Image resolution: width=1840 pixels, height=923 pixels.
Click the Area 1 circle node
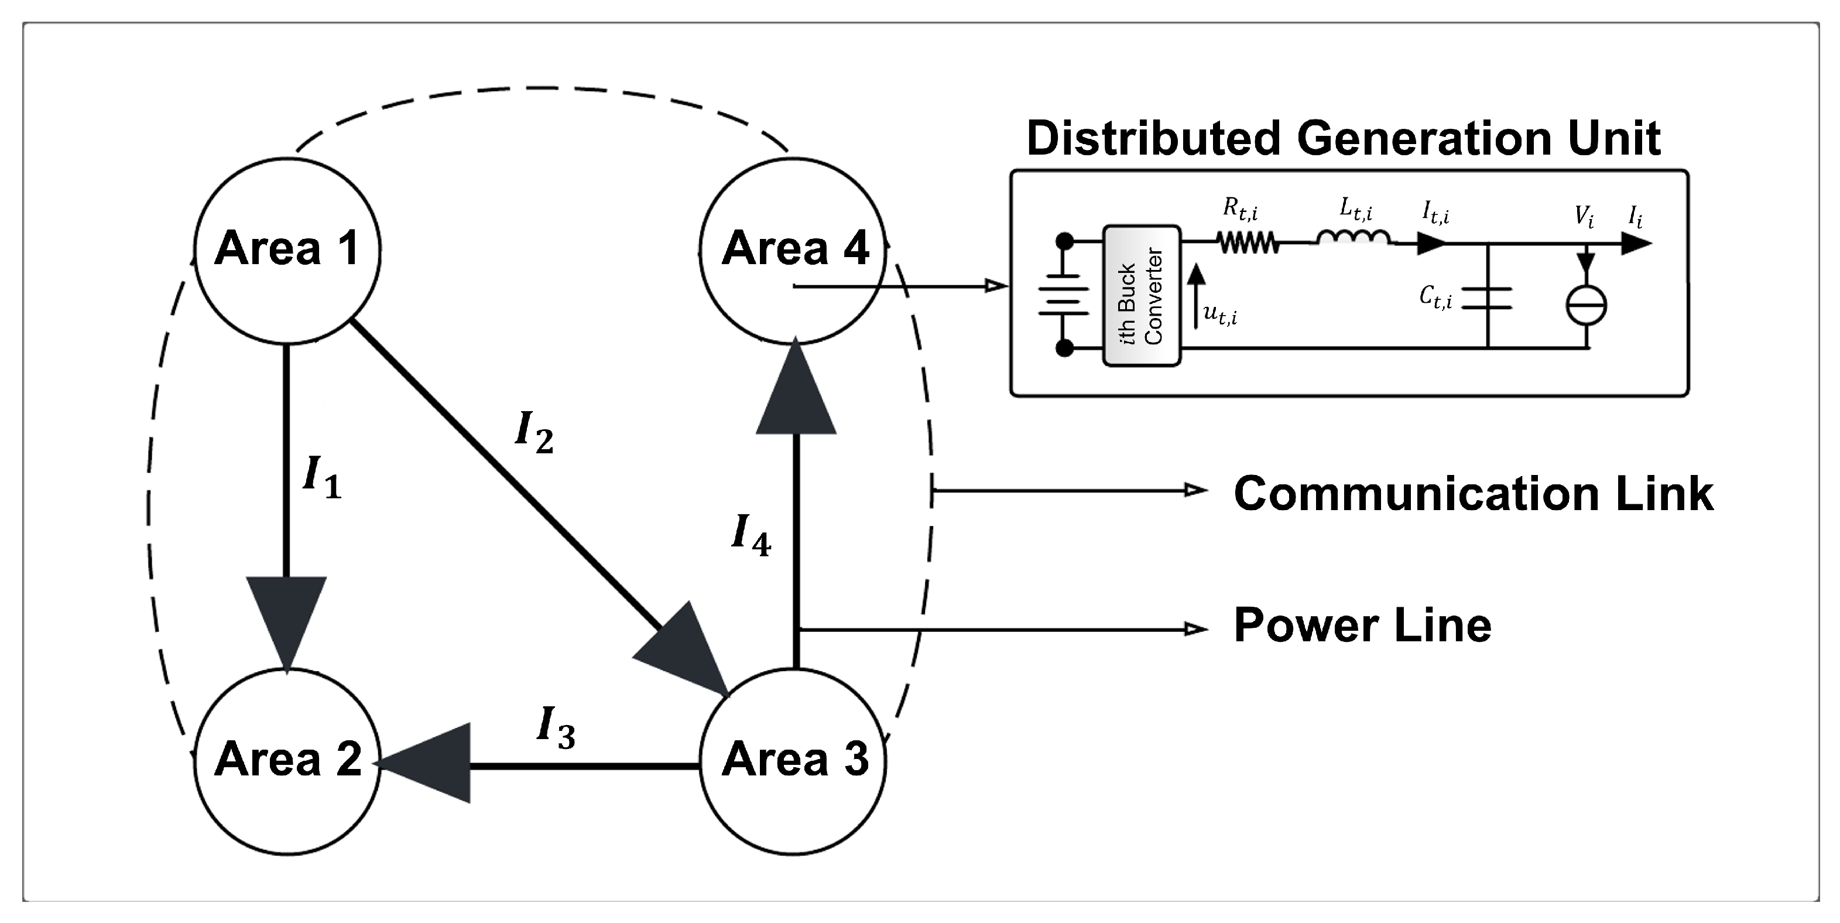click(x=287, y=249)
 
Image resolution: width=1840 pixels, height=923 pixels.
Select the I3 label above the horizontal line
click(x=556, y=727)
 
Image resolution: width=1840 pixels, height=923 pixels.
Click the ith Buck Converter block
click(x=1142, y=296)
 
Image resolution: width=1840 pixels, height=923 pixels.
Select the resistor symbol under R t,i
click(x=1248, y=244)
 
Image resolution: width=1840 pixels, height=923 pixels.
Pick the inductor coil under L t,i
click(x=1354, y=238)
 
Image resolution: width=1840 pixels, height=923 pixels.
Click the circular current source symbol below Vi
click(x=1586, y=305)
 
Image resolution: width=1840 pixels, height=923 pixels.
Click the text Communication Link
click(x=1473, y=494)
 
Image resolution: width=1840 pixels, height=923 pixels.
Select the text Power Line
click(x=1362, y=626)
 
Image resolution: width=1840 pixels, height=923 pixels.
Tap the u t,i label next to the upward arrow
click(x=1221, y=313)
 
